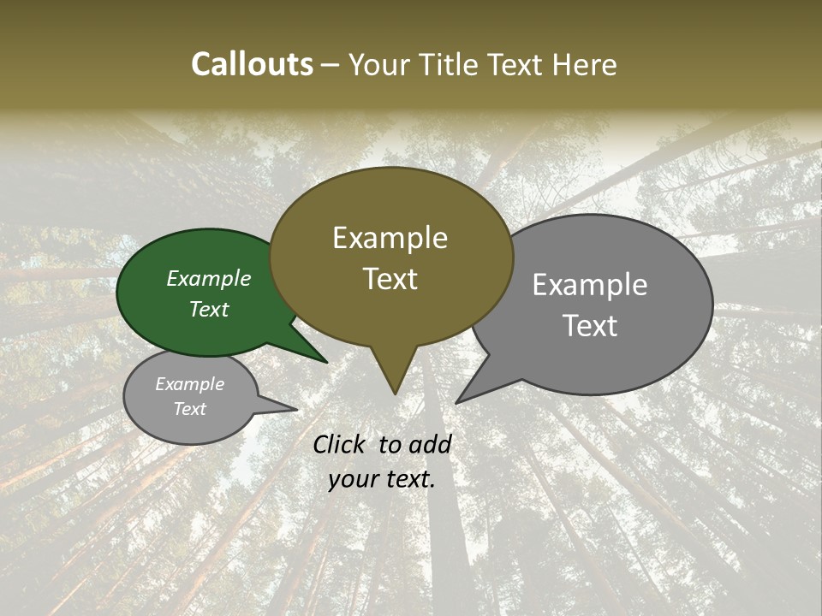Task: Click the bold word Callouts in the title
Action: (x=252, y=64)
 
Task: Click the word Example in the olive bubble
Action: (x=390, y=238)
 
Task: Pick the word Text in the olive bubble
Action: (x=390, y=279)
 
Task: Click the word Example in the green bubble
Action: (x=208, y=279)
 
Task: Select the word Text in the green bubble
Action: (x=209, y=309)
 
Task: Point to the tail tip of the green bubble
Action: (x=325, y=362)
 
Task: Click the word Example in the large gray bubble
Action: (x=590, y=285)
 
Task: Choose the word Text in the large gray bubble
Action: (x=590, y=326)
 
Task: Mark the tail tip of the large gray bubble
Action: (x=457, y=402)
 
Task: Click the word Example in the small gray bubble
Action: (x=189, y=384)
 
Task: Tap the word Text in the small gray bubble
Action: (x=189, y=409)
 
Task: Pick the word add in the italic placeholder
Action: (x=430, y=444)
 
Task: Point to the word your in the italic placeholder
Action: (x=352, y=479)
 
